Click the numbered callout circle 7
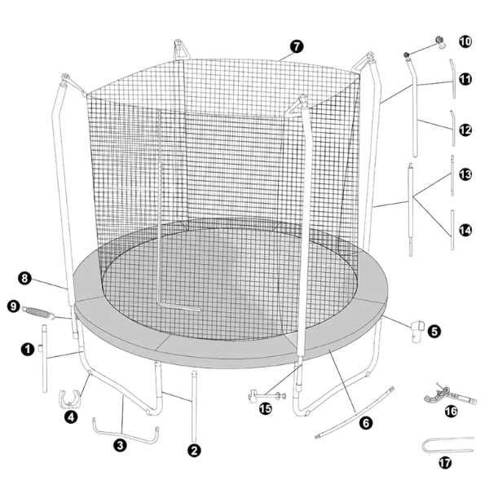tap(297, 46)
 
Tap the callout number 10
tap(465, 42)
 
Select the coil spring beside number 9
tap(38, 313)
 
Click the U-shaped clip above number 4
tap(70, 399)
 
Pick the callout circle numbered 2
tap(194, 451)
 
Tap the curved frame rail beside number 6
tap(355, 413)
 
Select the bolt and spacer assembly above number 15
tap(267, 396)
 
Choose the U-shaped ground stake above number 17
tap(447, 444)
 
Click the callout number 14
tap(465, 231)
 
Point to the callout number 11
tap(465, 79)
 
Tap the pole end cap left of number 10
tap(440, 42)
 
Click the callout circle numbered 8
tap(24, 278)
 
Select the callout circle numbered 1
tap(28, 349)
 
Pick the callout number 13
tap(465, 174)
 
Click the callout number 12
tap(465, 130)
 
